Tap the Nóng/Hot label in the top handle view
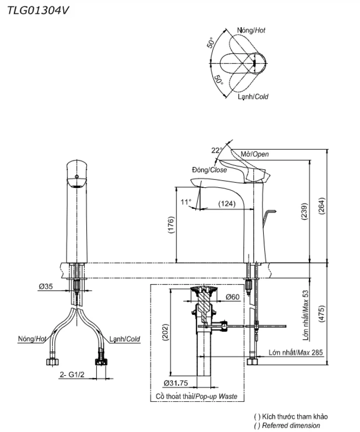tap(251, 30)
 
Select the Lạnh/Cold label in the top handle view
tap(253, 97)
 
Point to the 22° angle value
tap(216, 150)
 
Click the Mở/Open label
tap(254, 154)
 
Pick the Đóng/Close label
tap(209, 170)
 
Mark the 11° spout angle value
tap(186, 201)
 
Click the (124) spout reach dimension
tap(227, 204)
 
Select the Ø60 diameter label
tap(233, 297)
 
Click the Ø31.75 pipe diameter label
tap(176, 383)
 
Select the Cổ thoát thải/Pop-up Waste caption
tap(197, 396)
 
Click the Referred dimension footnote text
tap(291, 425)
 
